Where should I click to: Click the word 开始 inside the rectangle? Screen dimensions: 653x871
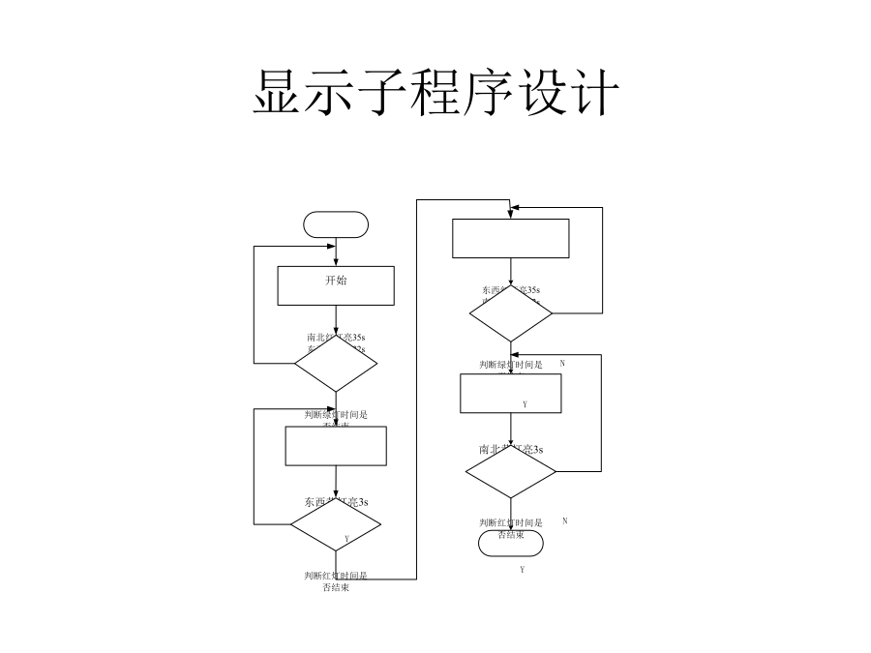click(x=336, y=281)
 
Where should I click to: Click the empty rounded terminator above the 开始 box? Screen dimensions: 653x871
click(x=336, y=224)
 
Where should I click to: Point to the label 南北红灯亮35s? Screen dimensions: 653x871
click(x=336, y=338)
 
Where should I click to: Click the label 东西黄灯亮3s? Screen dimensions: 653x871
click(x=336, y=502)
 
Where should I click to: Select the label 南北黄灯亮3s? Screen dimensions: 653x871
click(x=511, y=449)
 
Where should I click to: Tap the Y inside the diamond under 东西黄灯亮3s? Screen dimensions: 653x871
click(x=346, y=538)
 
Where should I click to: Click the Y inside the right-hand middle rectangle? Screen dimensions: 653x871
click(x=525, y=403)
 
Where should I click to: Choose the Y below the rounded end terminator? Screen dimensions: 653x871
click(x=522, y=570)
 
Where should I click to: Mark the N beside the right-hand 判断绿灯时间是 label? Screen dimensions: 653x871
click(x=562, y=363)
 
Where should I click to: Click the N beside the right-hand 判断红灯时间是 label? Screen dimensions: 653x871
click(x=564, y=520)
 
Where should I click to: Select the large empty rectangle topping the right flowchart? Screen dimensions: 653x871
click(x=511, y=239)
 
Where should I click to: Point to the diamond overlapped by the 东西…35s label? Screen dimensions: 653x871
click(x=511, y=313)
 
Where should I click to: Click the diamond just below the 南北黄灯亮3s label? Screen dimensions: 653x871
click(x=511, y=474)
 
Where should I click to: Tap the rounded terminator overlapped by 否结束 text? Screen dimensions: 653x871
click(x=511, y=544)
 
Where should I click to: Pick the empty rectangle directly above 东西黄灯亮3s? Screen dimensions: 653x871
click(x=336, y=446)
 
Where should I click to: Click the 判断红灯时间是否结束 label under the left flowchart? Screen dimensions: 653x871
click(x=336, y=580)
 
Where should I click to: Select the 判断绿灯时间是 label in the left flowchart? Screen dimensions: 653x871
click(x=336, y=414)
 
